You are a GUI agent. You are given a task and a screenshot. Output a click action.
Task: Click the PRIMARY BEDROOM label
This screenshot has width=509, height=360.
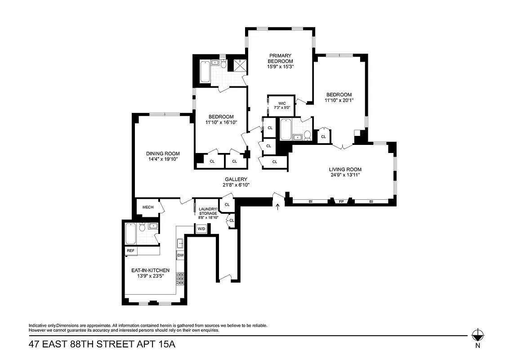280,58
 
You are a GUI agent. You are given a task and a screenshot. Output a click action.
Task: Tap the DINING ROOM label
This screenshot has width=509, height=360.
156,154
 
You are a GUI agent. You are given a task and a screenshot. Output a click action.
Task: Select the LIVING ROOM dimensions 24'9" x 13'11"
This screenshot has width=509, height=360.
345,175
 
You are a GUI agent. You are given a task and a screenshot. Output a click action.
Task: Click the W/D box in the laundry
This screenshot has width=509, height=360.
201,229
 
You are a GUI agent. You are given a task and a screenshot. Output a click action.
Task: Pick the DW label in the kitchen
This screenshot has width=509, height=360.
180,255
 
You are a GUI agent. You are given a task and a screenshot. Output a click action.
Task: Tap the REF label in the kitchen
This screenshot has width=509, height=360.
131,251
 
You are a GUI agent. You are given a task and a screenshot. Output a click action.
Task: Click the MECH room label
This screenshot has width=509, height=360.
148,207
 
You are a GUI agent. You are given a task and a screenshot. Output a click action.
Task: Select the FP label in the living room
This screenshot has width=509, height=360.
341,202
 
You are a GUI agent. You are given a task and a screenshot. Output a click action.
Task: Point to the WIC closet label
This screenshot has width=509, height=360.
282,103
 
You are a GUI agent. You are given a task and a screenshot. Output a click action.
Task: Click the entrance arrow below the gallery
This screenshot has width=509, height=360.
277,207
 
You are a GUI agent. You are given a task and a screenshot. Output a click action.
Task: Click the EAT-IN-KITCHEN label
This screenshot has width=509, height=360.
150,270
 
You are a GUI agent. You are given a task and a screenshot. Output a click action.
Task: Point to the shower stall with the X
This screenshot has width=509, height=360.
239,66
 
